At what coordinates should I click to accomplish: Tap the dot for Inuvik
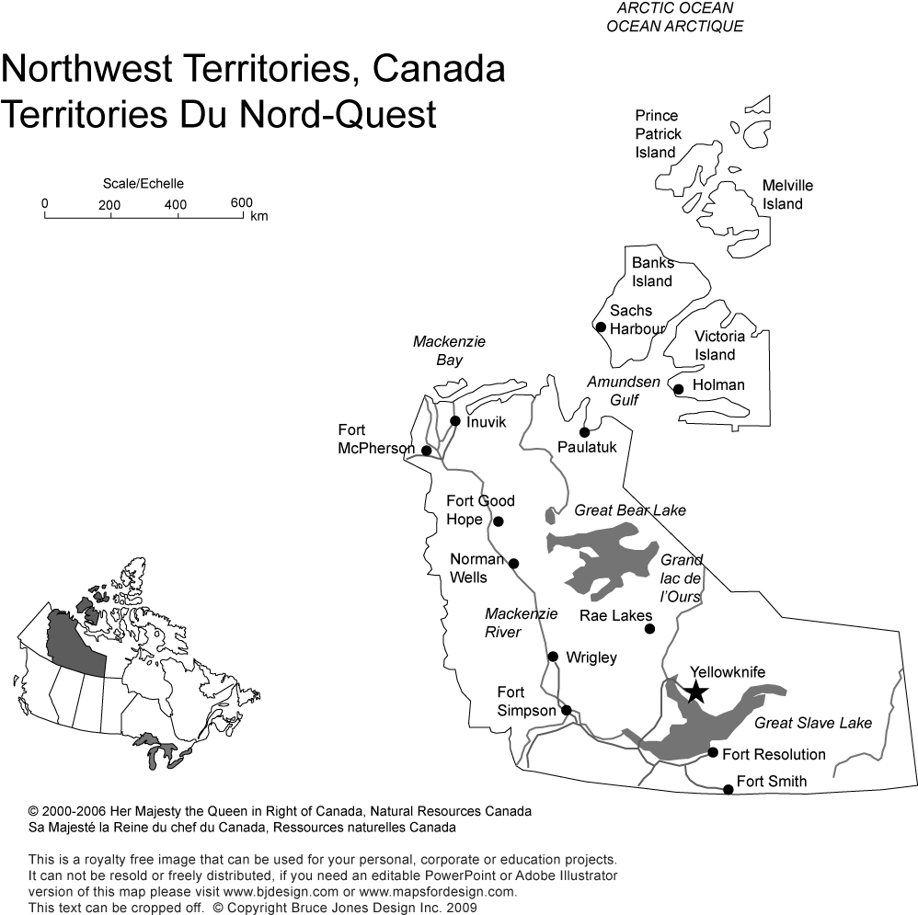454,421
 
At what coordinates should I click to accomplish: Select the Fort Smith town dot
729,789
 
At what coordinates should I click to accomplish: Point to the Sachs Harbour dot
601,326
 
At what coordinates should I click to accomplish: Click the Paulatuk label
587,447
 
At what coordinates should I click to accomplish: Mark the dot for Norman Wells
513,564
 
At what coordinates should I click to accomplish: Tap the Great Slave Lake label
812,723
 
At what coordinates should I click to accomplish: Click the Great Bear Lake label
630,510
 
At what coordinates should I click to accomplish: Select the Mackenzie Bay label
449,350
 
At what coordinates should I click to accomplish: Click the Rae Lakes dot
649,629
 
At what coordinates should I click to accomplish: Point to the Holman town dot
678,389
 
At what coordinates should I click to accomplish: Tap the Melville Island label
787,195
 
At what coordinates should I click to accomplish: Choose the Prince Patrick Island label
658,134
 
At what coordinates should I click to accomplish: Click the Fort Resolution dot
713,752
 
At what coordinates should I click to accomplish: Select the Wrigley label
591,658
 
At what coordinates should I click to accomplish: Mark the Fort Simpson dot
567,710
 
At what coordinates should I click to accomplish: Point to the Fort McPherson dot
426,450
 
